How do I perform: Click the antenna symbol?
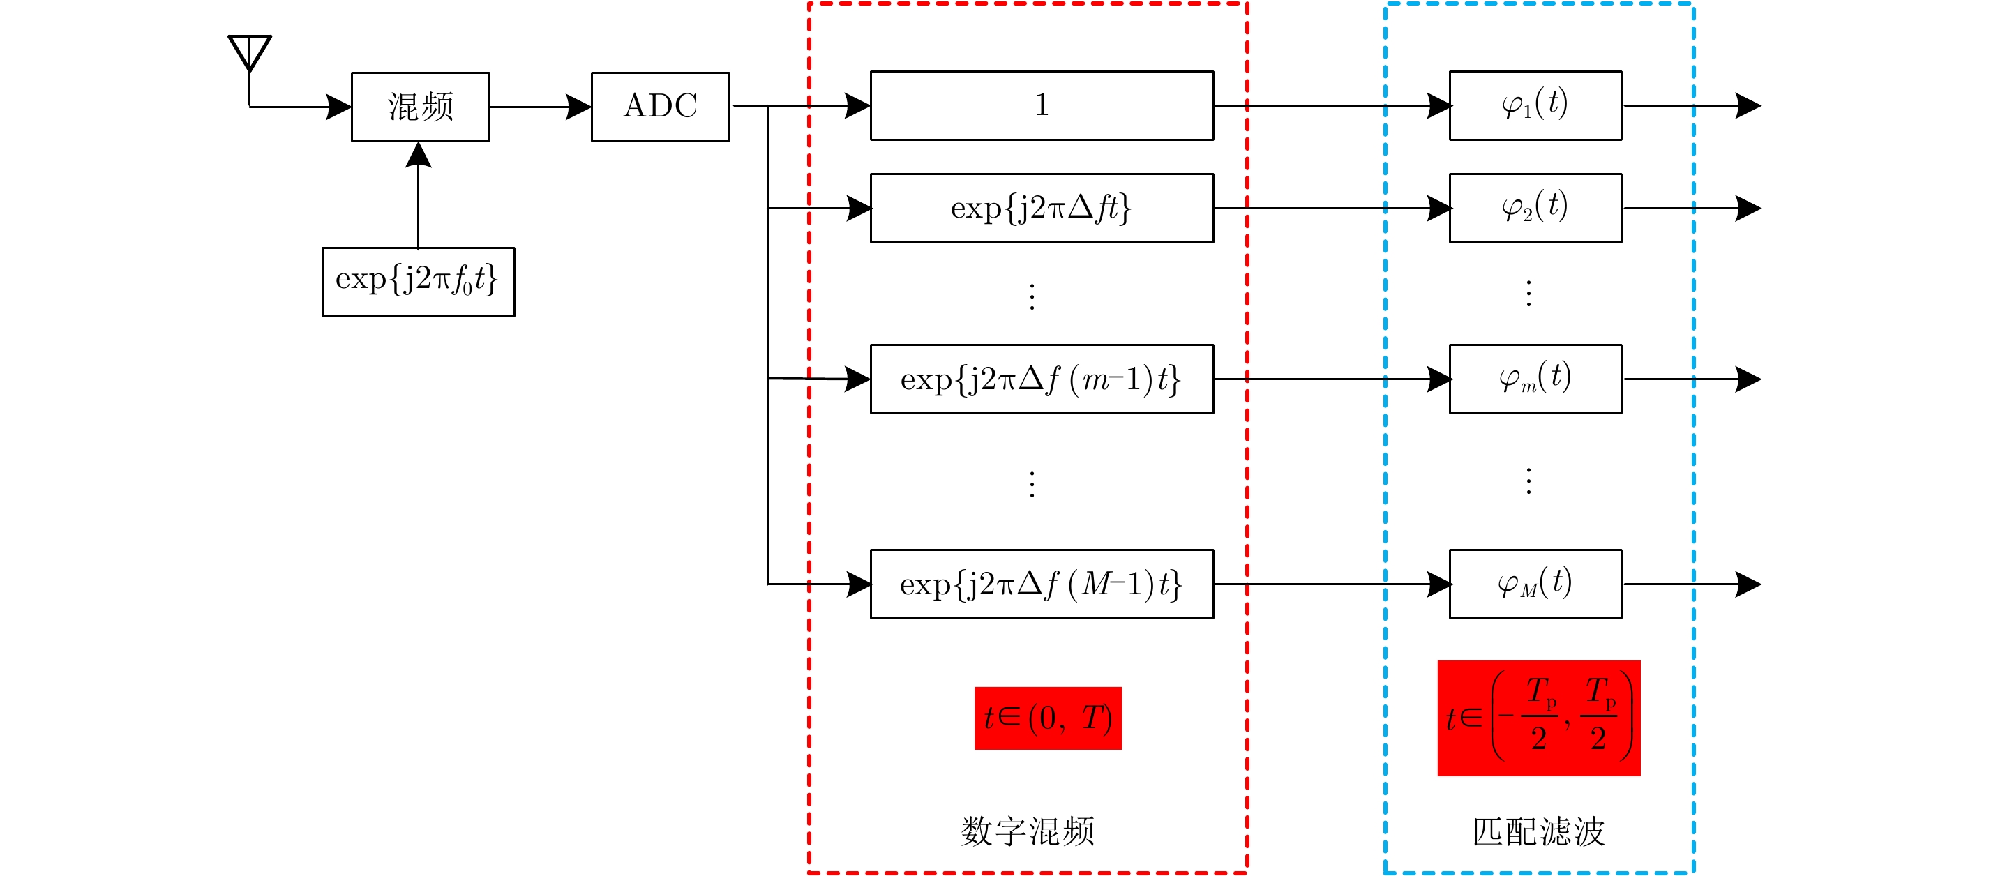pos(249,52)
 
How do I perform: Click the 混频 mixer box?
pos(421,107)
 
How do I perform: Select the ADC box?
pos(660,107)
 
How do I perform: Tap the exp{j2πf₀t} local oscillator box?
pos(418,281)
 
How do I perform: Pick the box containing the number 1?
pos(1041,105)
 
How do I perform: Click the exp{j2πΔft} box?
pos(1041,208)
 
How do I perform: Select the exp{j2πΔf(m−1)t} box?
pos(1041,379)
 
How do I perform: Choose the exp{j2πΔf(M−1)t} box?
pos(1041,584)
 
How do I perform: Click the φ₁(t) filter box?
pos(1535,105)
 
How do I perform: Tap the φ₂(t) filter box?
pos(1535,208)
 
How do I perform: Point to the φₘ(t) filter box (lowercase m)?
pos(1535,379)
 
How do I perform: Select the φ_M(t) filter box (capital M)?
pos(1535,584)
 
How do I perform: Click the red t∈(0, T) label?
pos(1047,718)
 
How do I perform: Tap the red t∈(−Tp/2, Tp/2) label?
pos(1538,718)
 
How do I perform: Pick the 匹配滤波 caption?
pos(1538,831)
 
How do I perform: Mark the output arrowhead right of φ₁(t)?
pos(1748,105)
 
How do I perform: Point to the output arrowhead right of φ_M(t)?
pos(1748,584)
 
